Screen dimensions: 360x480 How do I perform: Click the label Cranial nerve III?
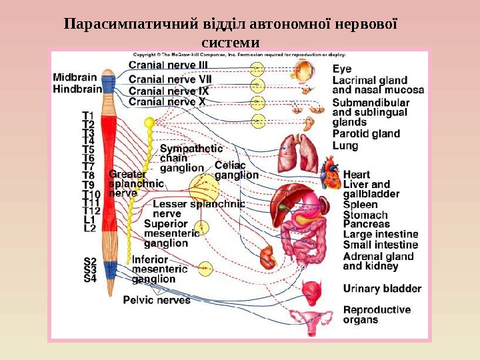click(168, 65)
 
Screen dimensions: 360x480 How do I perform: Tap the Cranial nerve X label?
click(167, 102)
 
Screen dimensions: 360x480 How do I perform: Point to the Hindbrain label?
click(77, 87)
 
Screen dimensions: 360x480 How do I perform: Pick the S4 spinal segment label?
click(89, 279)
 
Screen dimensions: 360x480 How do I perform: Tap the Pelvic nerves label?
click(157, 300)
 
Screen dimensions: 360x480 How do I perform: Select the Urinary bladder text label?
click(382, 289)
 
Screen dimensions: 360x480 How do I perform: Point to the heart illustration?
click(331, 172)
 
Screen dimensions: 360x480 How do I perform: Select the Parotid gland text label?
click(366, 133)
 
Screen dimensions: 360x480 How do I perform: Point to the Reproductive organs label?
click(377, 315)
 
